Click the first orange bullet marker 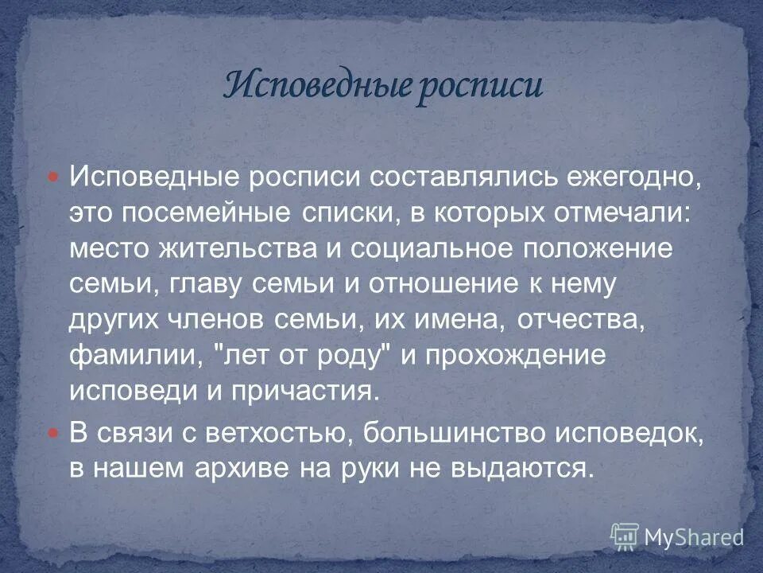[54, 177]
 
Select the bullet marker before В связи [54, 434]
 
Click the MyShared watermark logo [676, 536]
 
